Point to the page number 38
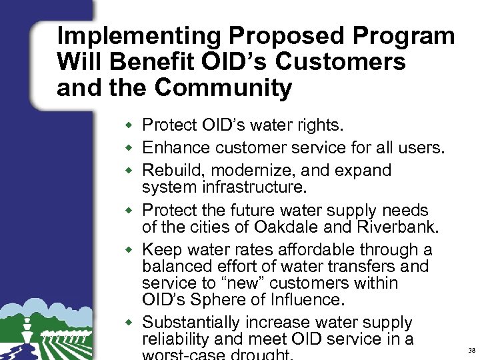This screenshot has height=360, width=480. (472, 350)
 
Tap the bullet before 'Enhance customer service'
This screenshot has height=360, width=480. (133, 148)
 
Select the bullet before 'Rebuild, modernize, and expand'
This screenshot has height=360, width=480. (133, 171)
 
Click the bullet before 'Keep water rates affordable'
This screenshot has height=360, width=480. (133, 251)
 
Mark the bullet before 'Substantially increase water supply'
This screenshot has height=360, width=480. (133, 323)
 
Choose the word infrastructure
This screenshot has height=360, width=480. (256, 187)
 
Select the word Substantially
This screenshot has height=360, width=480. (196, 323)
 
